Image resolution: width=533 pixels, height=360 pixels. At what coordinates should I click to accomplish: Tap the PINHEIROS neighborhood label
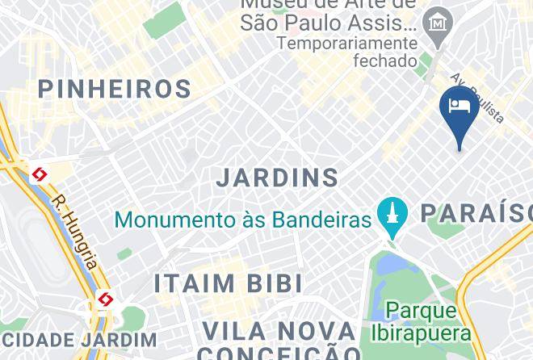(x=114, y=89)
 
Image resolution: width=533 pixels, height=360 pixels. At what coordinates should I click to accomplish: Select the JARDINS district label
(x=277, y=178)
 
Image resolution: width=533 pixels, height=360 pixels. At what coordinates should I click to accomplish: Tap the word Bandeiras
(x=321, y=219)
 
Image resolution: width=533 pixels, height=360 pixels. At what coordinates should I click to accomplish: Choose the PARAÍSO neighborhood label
(x=475, y=213)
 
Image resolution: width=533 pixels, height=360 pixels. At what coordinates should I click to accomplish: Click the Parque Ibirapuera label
(x=421, y=321)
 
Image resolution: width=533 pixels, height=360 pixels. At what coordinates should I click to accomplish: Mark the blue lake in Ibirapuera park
(x=388, y=263)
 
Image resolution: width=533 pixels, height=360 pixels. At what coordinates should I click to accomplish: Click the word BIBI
(x=276, y=284)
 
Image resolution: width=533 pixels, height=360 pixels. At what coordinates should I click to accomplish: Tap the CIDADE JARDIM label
(x=78, y=340)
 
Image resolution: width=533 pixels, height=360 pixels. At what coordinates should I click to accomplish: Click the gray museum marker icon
(x=437, y=23)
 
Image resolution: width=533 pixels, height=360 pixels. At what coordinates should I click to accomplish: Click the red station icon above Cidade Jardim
(x=105, y=300)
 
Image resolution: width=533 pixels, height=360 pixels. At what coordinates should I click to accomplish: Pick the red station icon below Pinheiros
(x=39, y=174)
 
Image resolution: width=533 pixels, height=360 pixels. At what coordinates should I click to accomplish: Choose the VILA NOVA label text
(x=278, y=331)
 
